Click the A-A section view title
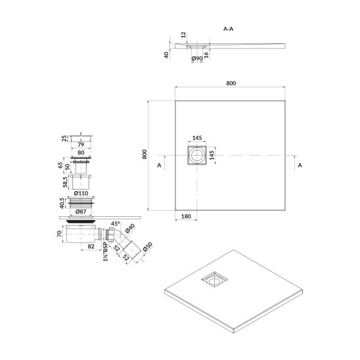pyautogui.click(x=228, y=29)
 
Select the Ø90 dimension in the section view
pyautogui.click(x=197, y=58)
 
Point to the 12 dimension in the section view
pyautogui.click(x=183, y=35)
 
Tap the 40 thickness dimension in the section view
pyautogui.click(x=166, y=55)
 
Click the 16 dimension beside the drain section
pyautogui.click(x=206, y=55)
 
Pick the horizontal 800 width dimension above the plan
pyautogui.click(x=231, y=83)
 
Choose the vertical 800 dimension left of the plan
pyautogui.click(x=145, y=154)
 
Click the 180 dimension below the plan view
pyautogui.click(x=186, y=216)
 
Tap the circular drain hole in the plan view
pyautogui.click(x=197, y=155)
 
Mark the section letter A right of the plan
pyautogui.click(x=300, y=165)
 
